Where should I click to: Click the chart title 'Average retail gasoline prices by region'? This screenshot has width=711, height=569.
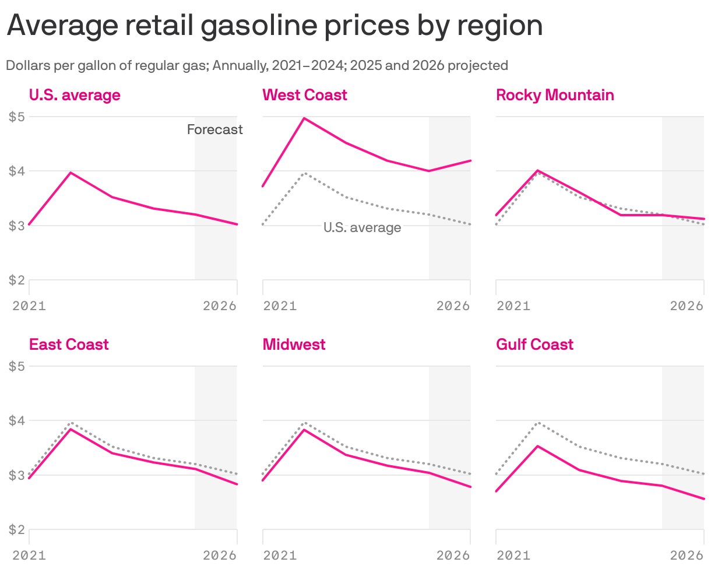click(274, 26)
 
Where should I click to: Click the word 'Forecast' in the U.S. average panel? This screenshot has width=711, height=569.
click(214, 129)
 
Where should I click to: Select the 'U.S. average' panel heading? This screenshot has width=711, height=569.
click(75, 95)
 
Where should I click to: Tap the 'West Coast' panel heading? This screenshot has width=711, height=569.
click(305, 95)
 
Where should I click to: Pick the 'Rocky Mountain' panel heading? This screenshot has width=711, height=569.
click(555, 95)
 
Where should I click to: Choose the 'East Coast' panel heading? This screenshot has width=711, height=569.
click(69, 345)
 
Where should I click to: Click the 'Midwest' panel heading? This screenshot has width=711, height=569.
click(294, 345)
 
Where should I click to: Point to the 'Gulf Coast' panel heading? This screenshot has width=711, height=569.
click(534, 345)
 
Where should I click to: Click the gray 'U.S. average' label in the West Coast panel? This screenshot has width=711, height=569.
click(362, 227)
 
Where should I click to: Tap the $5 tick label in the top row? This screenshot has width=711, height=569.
click(16, 117)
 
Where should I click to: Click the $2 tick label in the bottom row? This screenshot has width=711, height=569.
click(16, 530)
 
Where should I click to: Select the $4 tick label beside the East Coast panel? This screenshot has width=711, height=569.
click(16, 421)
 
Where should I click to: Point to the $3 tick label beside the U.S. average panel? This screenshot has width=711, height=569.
click(16, 226)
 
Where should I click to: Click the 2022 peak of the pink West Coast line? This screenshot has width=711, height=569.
click(304, 118)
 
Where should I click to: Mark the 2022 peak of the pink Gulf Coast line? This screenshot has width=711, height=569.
click(537, 446)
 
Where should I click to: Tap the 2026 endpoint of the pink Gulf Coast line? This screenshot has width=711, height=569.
click(703, 498)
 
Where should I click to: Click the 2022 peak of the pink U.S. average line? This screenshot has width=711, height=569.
click(71, 173)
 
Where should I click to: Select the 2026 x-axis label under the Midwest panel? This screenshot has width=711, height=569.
click(453, 555)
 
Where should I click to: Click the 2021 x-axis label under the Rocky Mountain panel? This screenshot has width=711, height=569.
click(513, 305)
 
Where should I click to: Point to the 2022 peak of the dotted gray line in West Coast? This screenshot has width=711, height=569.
click(304, 173)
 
